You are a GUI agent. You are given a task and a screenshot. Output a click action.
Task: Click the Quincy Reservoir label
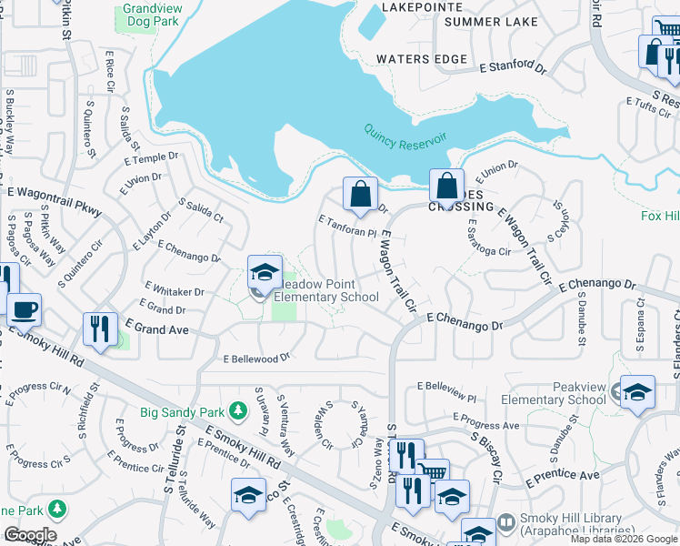405,141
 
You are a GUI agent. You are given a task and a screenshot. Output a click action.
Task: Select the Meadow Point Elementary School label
325,290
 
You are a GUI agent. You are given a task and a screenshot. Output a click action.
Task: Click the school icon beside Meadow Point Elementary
265,272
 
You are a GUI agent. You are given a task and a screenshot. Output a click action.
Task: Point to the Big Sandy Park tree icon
238,411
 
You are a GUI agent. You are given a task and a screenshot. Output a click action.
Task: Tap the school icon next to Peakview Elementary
637,392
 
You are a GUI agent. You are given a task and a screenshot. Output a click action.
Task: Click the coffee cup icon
25,309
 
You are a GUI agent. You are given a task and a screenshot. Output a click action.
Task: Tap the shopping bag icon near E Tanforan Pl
360,194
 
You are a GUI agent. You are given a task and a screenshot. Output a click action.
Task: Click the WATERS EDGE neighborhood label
422,60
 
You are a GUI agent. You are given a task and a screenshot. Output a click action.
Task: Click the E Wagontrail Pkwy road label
55,202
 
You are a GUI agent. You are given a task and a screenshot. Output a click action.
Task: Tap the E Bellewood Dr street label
256,359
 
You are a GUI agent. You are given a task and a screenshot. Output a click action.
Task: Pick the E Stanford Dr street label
514,66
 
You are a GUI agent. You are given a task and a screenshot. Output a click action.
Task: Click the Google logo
30,535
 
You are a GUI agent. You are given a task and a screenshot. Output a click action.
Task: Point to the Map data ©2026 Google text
623,539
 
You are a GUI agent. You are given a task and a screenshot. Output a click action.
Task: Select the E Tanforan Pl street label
347,227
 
